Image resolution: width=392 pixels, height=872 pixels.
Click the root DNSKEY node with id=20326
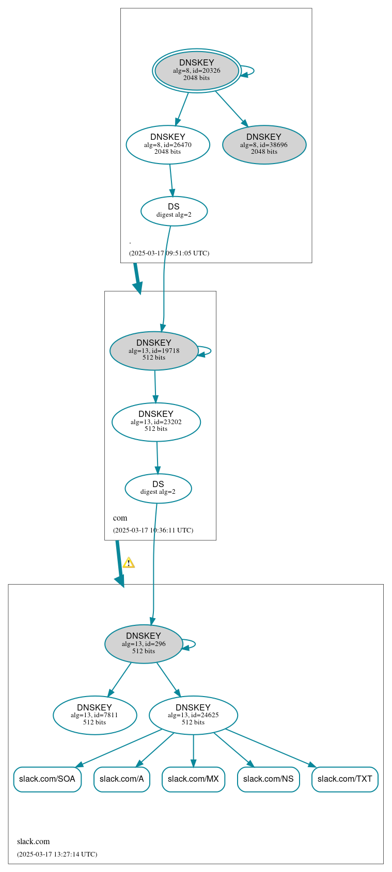pos(196,71)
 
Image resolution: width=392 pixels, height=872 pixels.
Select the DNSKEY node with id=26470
pos(168,145)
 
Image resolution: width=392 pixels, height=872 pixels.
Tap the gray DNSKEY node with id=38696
pos(264,145)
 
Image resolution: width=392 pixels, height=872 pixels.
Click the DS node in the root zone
pos(174,211)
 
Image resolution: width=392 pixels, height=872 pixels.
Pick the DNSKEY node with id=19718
pos(154,351)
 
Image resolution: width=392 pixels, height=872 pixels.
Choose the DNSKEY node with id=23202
pos(156,422)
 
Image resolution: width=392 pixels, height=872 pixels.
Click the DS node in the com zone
pos(158,488)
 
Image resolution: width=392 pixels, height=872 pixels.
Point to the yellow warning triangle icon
pos(129,563)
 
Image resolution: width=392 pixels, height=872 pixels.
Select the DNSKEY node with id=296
pos(144,644)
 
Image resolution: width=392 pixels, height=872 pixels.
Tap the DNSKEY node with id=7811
pos(95,715)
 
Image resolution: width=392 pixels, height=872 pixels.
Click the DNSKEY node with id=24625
pos(193,715)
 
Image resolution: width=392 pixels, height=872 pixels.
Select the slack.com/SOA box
pos(47,779)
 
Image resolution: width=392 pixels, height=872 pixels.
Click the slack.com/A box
pos(122,779)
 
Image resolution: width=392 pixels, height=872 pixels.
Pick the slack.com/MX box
pos(193,779)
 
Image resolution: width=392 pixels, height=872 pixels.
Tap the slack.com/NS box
pos(268,779)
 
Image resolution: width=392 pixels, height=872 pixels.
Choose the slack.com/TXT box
pos(344,779)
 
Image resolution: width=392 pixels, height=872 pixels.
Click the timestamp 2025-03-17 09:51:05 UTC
pos(169,253)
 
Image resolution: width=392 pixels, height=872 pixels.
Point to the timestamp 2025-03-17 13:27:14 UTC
pos(57,854)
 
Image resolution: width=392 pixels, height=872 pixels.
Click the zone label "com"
pos(120,518)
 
